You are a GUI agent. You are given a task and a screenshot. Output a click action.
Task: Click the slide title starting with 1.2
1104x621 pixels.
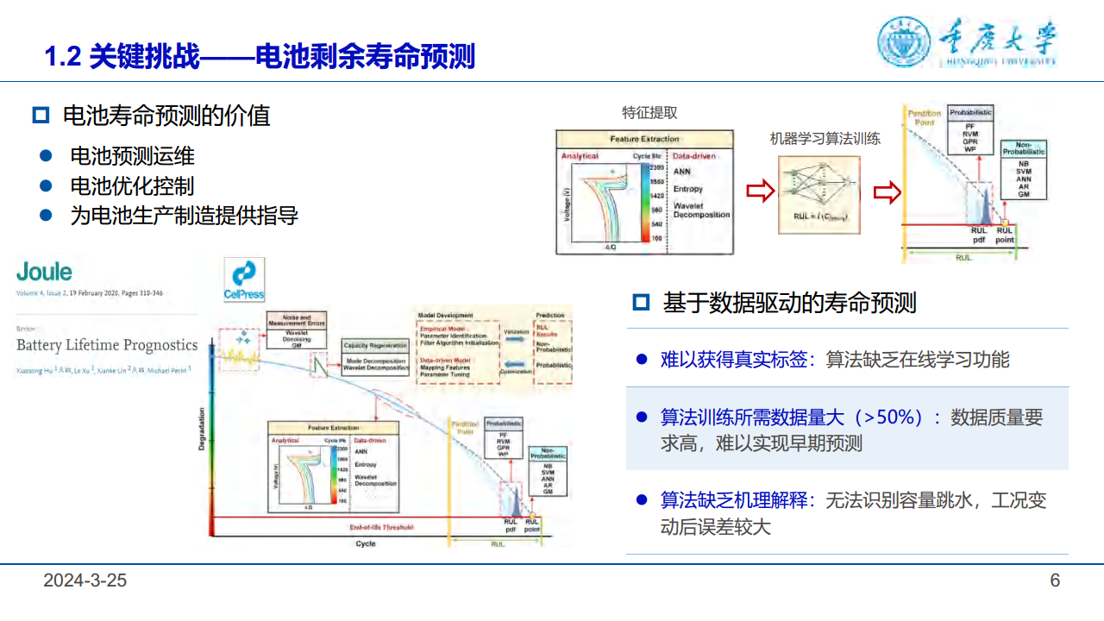tap(260, 57)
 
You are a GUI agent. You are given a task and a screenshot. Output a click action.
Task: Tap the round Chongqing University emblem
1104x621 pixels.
tap(903, 41)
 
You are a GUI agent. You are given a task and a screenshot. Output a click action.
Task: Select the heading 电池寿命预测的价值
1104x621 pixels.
tap(166, 116)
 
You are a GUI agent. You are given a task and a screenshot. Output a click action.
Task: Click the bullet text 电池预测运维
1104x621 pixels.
tap(132, 156)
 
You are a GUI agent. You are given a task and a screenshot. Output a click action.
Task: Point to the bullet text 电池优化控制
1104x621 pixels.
tap(132, 185)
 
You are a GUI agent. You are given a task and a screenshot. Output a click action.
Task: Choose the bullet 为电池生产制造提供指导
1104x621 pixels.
tap(184, 216)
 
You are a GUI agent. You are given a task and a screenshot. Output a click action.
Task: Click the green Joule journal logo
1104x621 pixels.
tap(44, 272)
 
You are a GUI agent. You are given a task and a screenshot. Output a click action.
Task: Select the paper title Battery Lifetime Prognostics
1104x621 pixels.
tap(107, 345)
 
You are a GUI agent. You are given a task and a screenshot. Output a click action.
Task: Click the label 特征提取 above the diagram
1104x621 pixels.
tap(649, 113)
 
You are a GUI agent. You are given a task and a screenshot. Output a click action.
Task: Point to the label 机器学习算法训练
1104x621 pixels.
tap(825, 138)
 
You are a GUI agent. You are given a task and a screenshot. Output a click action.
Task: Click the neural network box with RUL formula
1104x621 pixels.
tap(819, 195)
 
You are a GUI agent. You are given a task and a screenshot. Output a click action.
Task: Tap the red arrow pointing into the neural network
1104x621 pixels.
tap(760, 191)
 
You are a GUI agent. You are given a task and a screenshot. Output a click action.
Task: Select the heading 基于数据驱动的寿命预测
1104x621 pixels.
tap(789, 303)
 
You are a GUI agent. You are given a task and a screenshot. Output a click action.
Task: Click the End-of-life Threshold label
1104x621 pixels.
tap(381, 527)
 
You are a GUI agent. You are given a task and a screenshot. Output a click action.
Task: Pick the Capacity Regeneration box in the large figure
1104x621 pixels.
tap(375, 345)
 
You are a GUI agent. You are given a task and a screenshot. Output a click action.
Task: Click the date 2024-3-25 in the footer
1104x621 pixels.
tap(85, 580)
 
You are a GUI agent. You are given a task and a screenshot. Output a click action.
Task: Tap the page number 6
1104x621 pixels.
tap(1054, 580)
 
